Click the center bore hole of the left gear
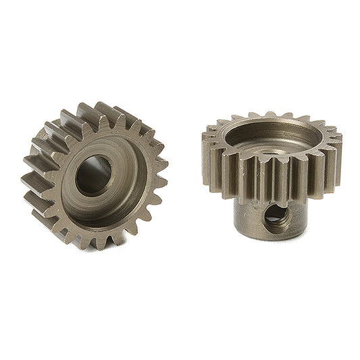[93, 176]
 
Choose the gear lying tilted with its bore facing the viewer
[95, 176]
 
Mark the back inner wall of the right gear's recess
[270, 128]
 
